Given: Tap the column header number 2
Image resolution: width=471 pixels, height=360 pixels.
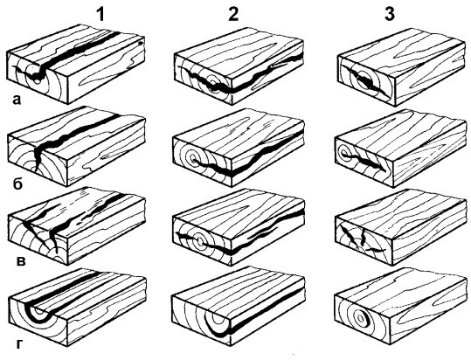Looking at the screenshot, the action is point(233,14).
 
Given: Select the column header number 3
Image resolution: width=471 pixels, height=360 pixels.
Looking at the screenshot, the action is point(390,14).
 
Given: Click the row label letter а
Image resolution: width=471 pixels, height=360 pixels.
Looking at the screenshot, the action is point(17,100).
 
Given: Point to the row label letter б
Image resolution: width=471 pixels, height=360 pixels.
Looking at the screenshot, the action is point(17,183).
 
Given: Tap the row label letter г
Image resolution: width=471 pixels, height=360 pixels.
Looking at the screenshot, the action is point(19,344).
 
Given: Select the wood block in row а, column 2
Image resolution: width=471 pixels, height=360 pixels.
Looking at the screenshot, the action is point(239,66).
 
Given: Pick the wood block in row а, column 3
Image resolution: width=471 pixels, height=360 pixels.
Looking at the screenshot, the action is point(402,67).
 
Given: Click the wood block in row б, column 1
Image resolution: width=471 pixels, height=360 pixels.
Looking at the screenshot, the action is point(77,147).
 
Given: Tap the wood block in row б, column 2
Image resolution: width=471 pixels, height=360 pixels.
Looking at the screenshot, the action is point(239,148).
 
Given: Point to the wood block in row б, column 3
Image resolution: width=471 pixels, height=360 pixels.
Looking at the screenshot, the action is point(401,149).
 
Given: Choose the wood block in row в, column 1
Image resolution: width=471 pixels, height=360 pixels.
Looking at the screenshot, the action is point(77,227).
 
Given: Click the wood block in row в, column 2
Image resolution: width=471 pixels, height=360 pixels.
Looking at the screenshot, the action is point(239,227).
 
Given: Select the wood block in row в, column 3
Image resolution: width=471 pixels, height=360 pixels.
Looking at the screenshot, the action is point(401,227).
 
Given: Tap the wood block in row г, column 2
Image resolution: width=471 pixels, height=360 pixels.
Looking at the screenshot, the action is point(239,307).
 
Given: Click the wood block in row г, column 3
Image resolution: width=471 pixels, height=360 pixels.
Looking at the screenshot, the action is point(401,308).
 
